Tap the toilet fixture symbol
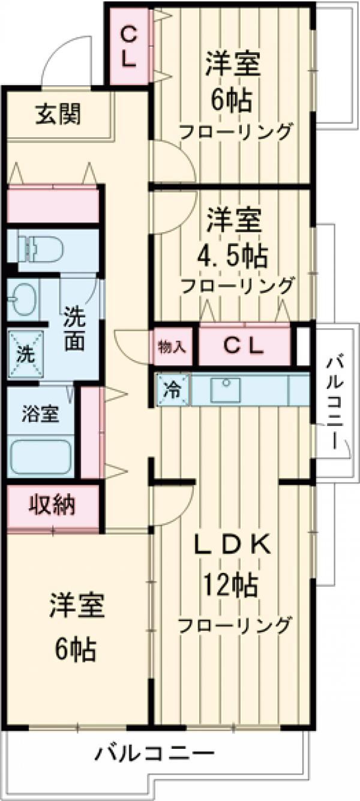(36, 248)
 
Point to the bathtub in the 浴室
(41, 457)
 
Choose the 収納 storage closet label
(53, 505)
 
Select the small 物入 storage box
(173, 347)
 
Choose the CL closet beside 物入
(243, 346)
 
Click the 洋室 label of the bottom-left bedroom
(77, 607)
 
